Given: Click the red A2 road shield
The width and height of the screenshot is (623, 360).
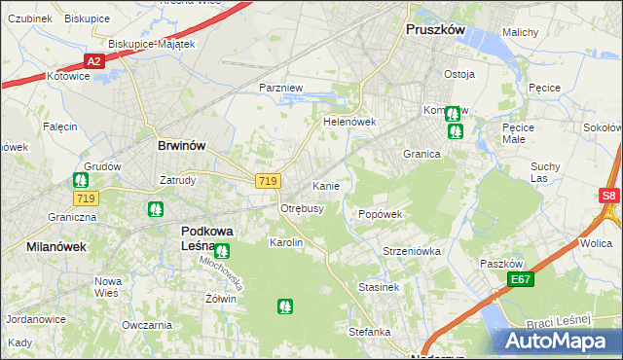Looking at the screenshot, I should (x=93, y=61).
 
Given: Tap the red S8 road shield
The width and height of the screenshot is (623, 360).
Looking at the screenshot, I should (x=609, y=196).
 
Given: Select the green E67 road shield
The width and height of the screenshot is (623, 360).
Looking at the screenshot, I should (x=522, y=280).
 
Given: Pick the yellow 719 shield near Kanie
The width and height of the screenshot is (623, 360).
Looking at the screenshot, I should (x=270, y=181).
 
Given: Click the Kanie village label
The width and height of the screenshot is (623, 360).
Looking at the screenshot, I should (x=325, y=185).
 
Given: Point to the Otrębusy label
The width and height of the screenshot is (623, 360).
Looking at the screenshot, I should (x=302, y=209).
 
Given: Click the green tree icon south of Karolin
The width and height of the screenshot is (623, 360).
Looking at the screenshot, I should (x=284, y=306).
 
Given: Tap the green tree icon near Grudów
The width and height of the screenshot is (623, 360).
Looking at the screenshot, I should (x=81, y=180).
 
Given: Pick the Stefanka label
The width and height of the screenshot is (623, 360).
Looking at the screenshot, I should (x=370, y=332).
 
